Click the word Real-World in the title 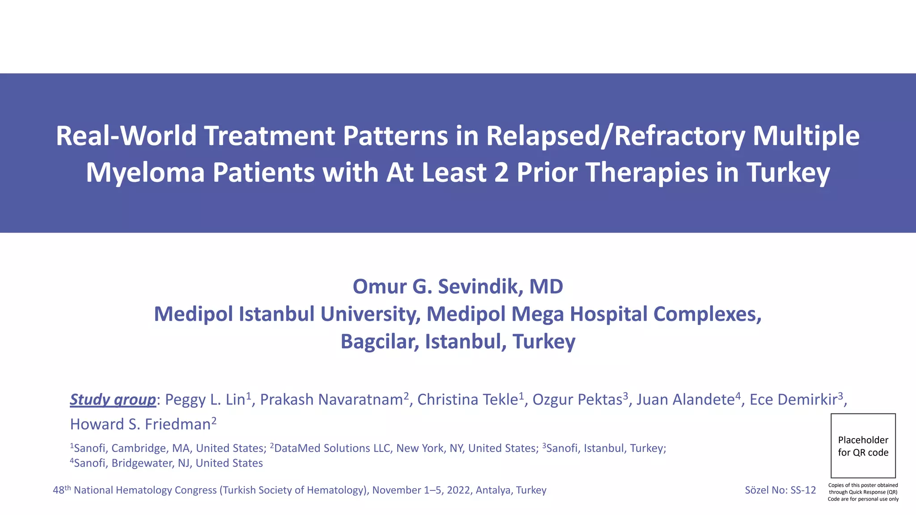(x=126, y=136)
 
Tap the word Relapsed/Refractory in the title (x=615, y=136)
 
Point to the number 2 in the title (x=501, y=173)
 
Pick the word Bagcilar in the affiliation (x=379, y=342)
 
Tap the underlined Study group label (x=113, y=399)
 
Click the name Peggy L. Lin (x=205, y=400)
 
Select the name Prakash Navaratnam (x=331, y=400)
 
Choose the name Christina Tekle (x=467, y=400)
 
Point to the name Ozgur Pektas (x=577, y=400)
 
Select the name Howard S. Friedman (x=140, y=424)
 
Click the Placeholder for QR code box (x=863, y=446)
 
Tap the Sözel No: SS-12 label (x=780, y=490)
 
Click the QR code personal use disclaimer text (x=863, y=492)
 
